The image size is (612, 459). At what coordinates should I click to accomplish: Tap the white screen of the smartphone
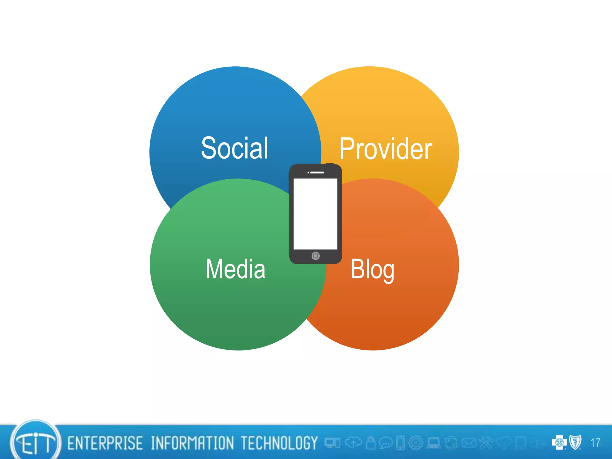tap(315, 214)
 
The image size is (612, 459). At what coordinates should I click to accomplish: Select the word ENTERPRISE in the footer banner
tap(105, 443)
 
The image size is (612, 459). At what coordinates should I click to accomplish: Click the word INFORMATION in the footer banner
tap(192, 443)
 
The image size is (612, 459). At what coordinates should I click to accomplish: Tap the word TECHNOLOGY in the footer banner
tap(279, 443)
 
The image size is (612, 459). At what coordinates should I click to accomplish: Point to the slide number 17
tap(595, 443)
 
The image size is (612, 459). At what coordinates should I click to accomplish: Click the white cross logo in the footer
tap(559, 442)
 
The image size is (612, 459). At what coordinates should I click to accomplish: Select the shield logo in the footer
tap(575, 442)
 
